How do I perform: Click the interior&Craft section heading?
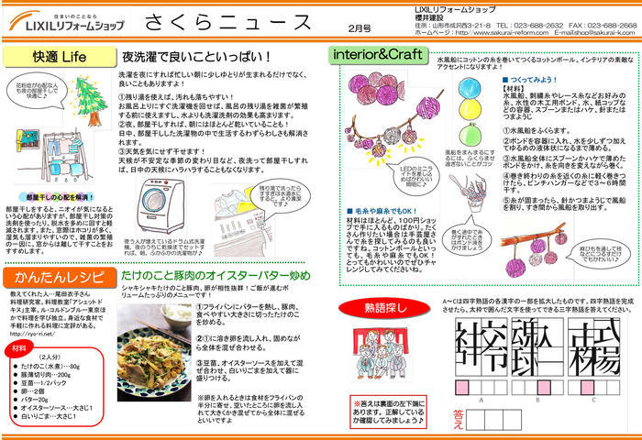pyautogui.click(x=376, y=54)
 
